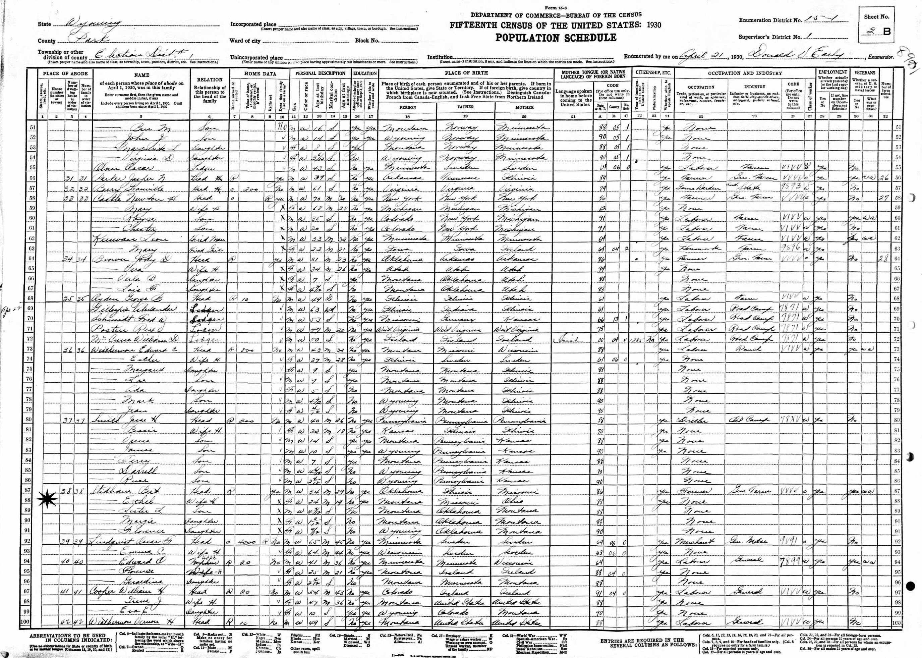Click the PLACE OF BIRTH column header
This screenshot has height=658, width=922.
click(x=465, y=73)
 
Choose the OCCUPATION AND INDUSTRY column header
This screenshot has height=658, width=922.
click(x=745, y=73)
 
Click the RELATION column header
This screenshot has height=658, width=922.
click(x=210, y=80)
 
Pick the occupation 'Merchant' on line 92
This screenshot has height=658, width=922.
click(x=698, y=541)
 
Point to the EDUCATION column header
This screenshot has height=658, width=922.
click(x=365, y=73)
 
